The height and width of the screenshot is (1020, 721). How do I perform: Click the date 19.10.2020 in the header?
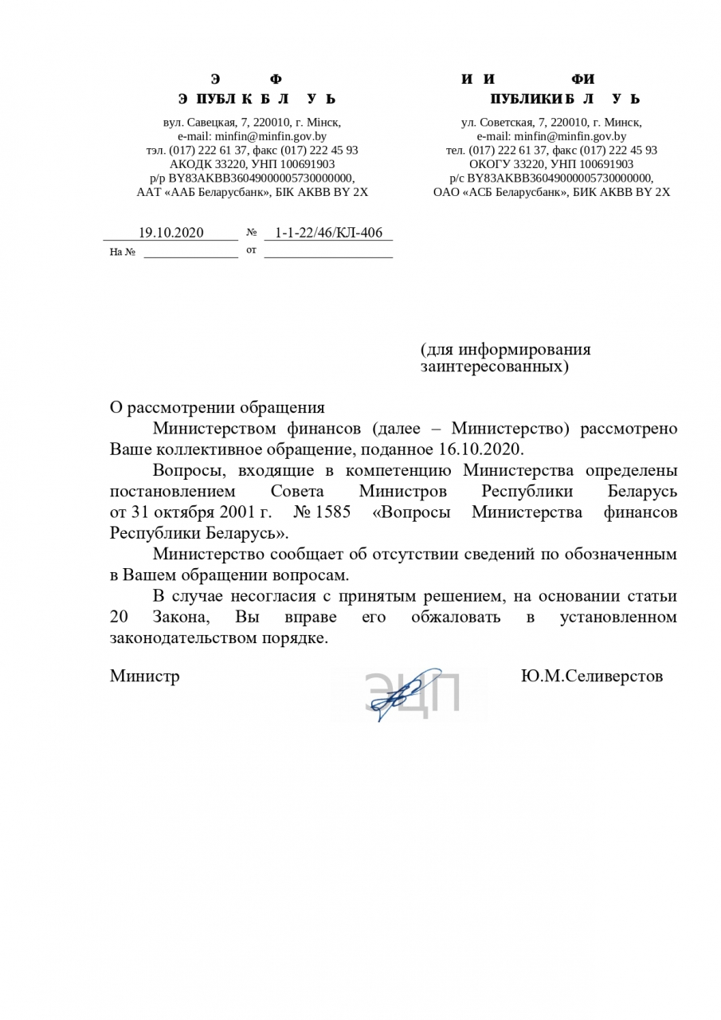tap(171, 233)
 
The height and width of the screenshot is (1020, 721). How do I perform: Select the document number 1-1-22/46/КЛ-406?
tap(328, 233)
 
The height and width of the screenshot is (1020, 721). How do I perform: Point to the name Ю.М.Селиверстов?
tap(591, 676)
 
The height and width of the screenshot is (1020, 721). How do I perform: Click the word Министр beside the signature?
tap(144, 676)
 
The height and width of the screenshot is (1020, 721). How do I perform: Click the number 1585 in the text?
tap(333, 512)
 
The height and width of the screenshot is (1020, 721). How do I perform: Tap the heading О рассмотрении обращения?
tap(217, 408)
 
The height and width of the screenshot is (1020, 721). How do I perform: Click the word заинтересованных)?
tap(495, 367)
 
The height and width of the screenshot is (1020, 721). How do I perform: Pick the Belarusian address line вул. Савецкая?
tap(252, 123)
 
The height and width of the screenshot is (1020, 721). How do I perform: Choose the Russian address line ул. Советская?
tap(551, 123)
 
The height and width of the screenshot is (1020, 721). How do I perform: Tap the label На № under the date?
tap(122, 253)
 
